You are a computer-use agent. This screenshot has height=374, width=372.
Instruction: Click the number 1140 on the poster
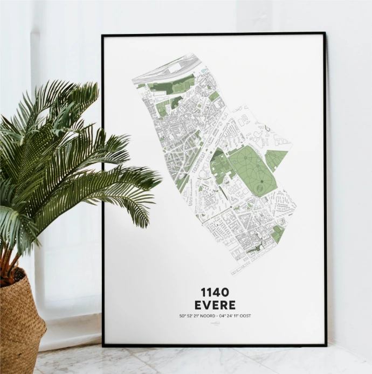tap(214, 292)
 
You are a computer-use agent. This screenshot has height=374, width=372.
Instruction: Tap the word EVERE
tap(214, 304)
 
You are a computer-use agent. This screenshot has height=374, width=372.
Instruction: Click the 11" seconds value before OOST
tap(236, 316)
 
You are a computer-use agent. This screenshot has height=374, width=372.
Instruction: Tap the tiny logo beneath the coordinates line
tap(214, 323)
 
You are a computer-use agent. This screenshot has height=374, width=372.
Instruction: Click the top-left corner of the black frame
tap(103, 36)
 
